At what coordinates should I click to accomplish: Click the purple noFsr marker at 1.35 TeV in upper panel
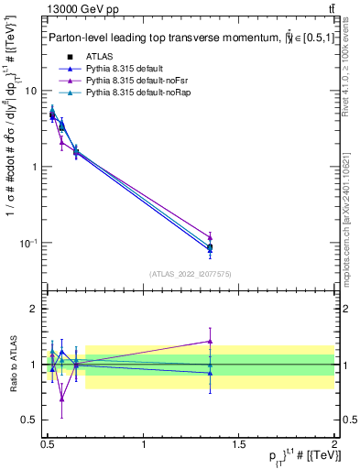211,237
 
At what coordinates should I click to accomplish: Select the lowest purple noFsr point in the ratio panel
61,398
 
